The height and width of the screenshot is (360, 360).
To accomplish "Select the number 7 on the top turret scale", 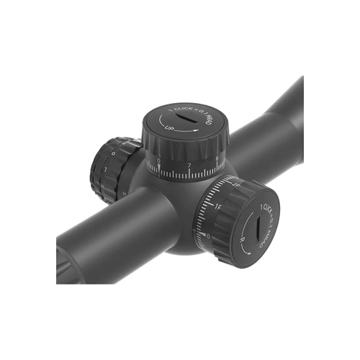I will click(x=189, y=165).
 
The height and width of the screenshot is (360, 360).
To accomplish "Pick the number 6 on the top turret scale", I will click(x=217, y=159).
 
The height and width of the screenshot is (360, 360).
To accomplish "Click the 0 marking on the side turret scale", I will click(x=208, y=235).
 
